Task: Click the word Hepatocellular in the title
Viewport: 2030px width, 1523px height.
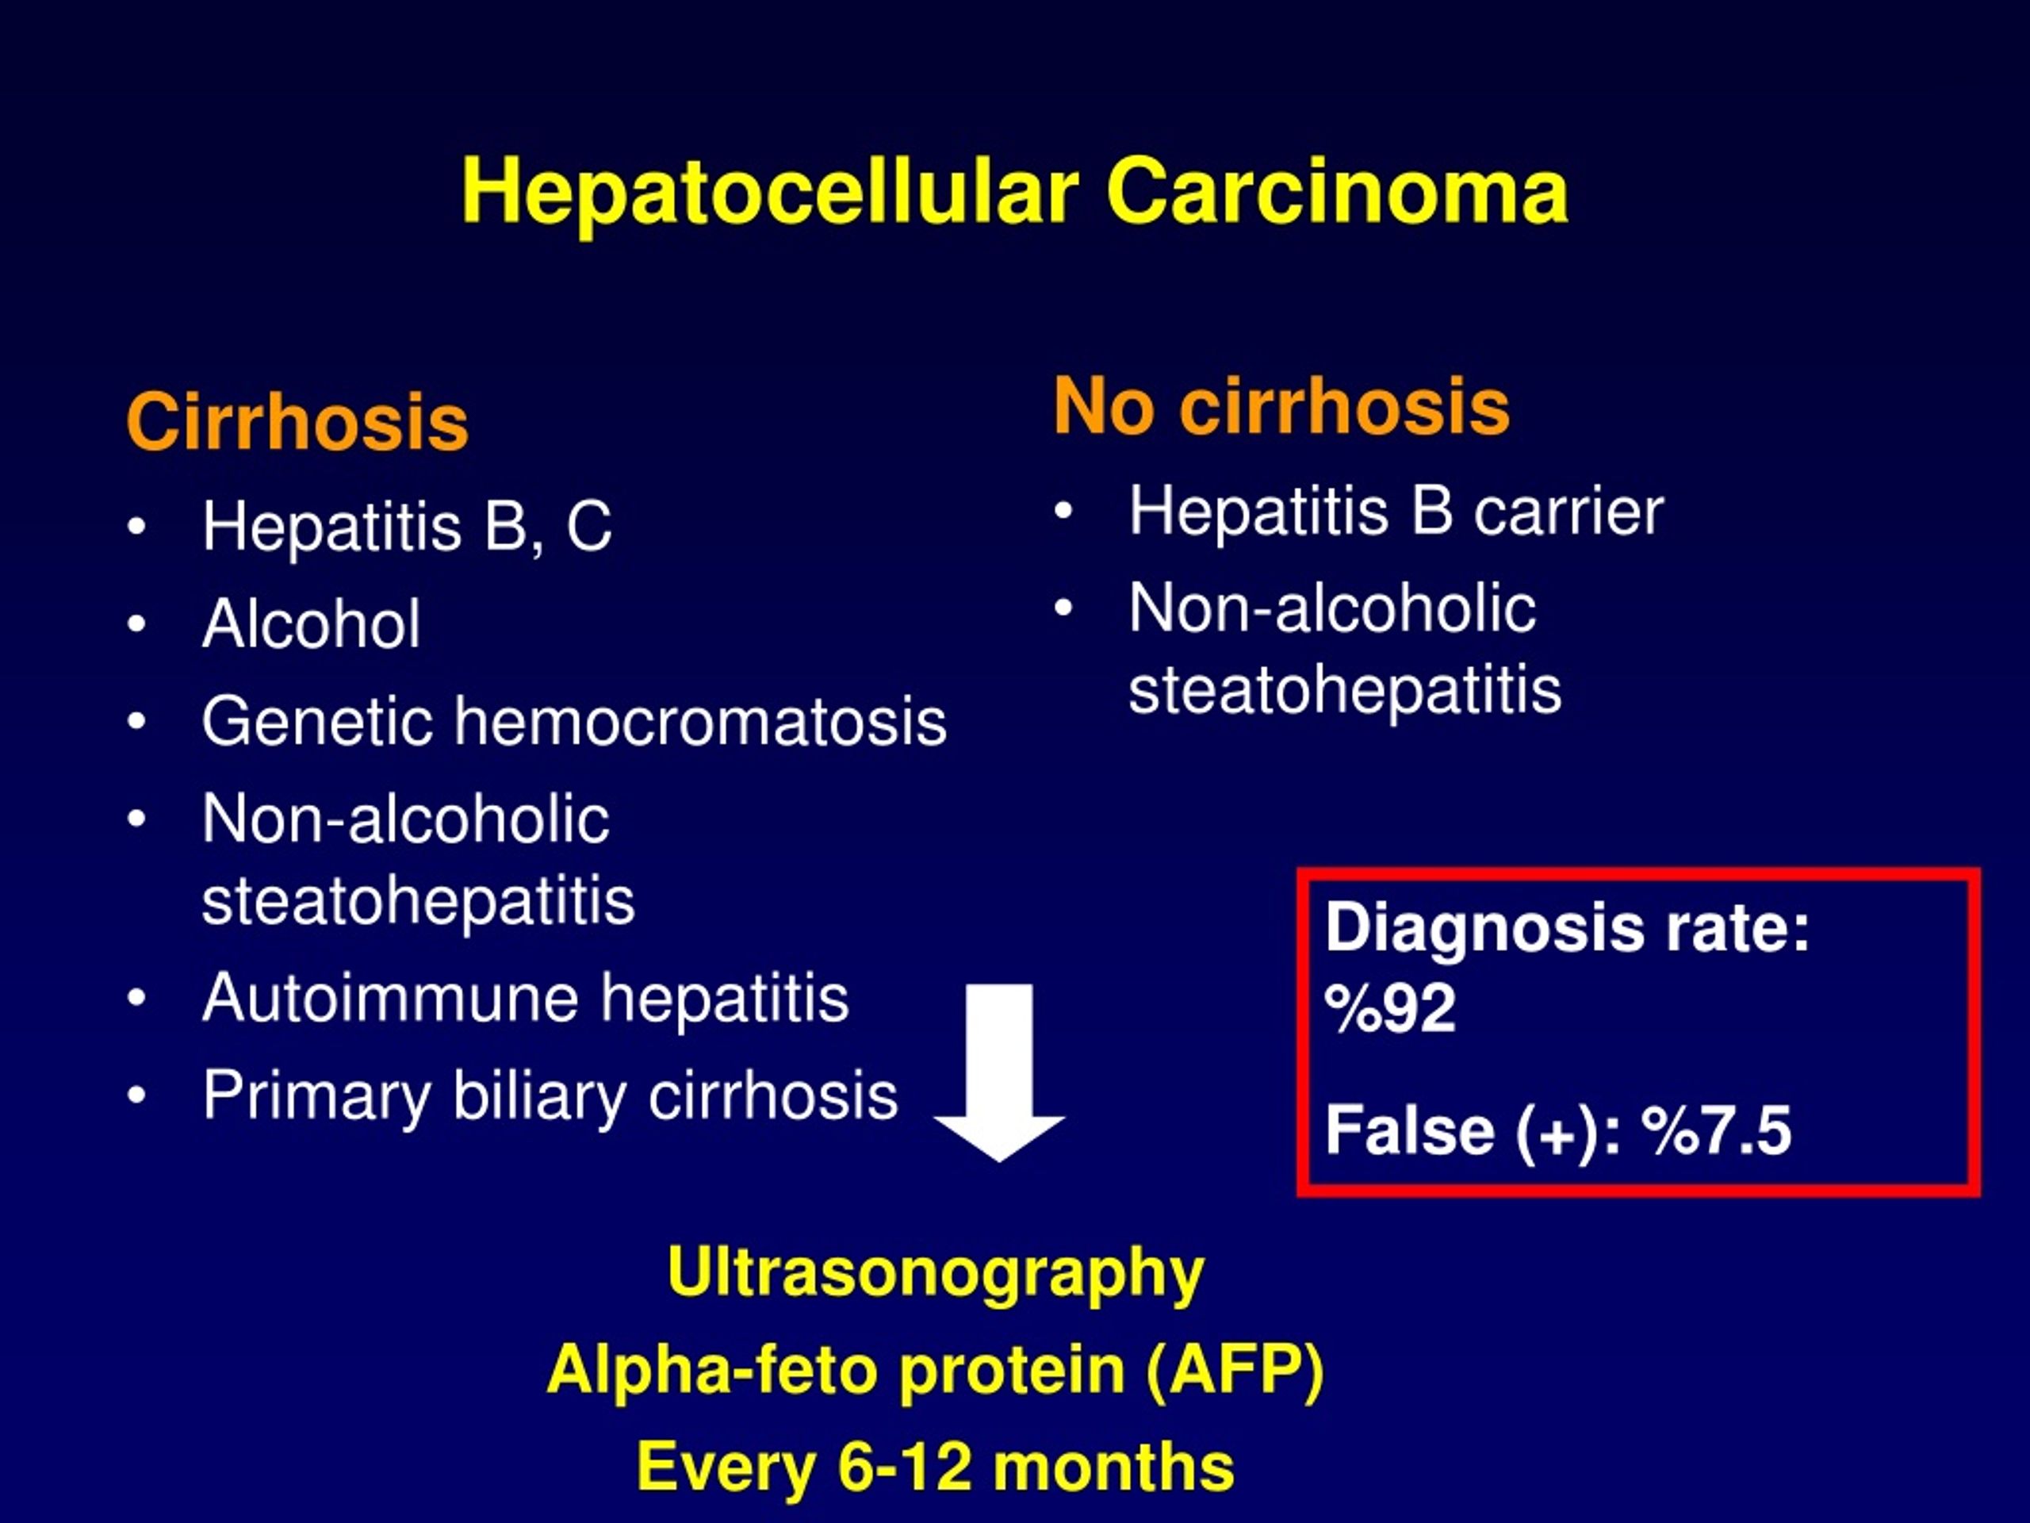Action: tap(770, 194)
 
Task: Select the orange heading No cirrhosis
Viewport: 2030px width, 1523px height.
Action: tap(1281, 406)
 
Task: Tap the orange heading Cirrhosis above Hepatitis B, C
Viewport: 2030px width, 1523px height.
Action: tap(297, 421)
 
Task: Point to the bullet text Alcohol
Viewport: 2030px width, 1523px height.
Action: tap(311, 624)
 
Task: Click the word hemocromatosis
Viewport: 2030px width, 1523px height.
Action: tap(701, 722)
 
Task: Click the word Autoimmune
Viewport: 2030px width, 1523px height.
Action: tap(389, 998)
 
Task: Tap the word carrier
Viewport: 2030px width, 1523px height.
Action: tap(1568, 512)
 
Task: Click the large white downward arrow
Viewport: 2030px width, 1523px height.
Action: tap(999, 1072)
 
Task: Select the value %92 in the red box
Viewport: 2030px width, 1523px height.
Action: tap(1390, 1008)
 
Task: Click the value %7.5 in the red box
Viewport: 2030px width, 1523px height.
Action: tap(1716, 1130)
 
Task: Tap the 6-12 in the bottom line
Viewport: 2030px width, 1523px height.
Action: tap(904, 1466)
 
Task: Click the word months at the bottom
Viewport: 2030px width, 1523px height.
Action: tap(1113, 1466)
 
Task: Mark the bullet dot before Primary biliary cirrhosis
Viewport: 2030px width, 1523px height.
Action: tap(136, 1095)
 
